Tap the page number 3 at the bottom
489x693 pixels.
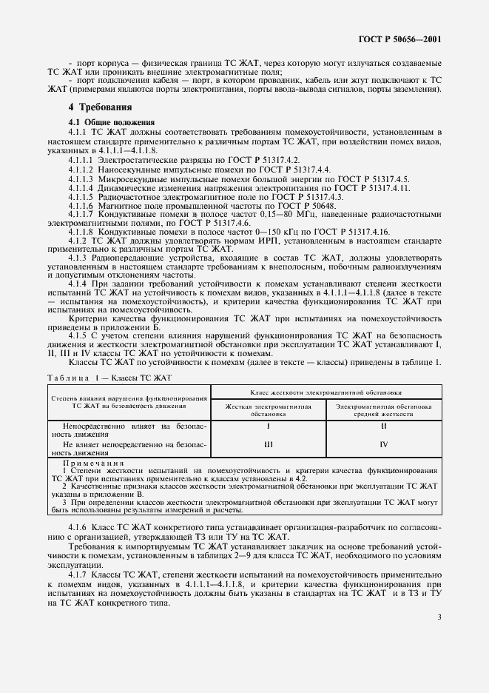point(439,617)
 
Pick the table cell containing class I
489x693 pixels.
point(269,427)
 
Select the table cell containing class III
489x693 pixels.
point(269,444)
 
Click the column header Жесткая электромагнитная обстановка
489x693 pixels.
point(269,410)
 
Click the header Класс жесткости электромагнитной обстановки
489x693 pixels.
point(326,392)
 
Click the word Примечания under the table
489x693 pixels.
point(92,463)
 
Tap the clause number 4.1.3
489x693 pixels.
point(78,256)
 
